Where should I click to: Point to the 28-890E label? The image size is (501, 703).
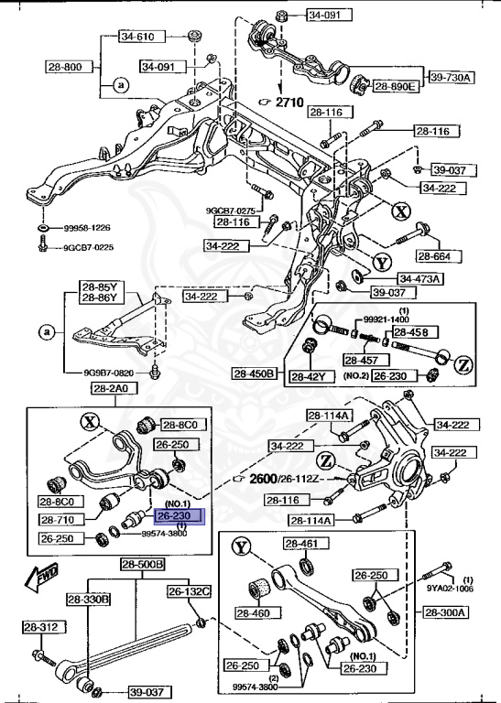tap(395, 87)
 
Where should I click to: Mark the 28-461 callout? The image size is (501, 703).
tap(300, 545)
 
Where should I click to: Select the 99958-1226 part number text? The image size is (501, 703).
tap(87, 227)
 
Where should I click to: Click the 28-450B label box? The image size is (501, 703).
tap(254, 373)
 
